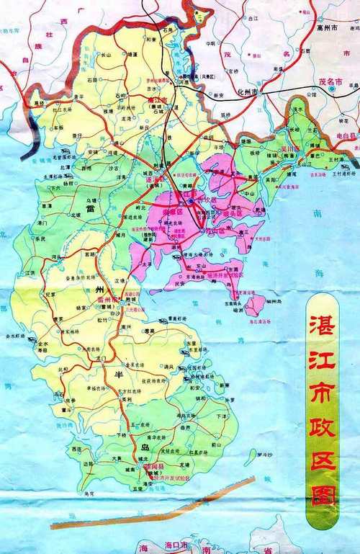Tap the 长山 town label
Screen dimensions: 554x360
[105, 54]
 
